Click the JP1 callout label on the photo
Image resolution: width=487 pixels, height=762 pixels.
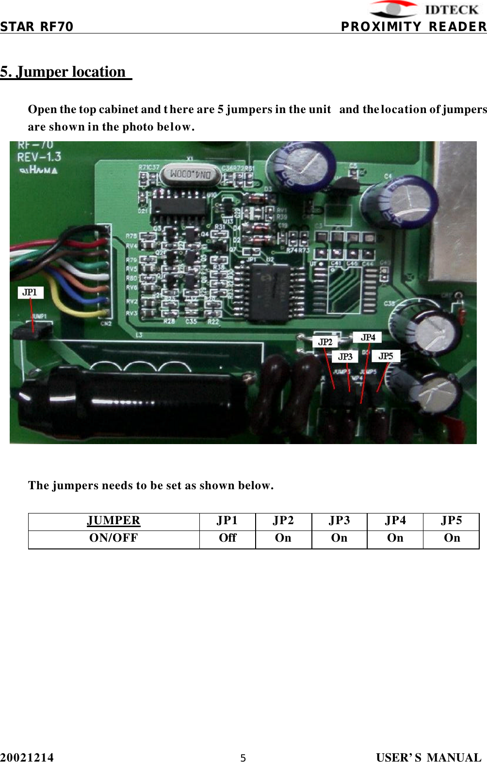tap(30, 292)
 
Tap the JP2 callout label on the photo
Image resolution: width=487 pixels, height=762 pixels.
tap(325, 342)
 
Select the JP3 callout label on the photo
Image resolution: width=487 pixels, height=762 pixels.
tap(345, 357)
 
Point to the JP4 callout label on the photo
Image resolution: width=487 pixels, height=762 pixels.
tap(368, 337)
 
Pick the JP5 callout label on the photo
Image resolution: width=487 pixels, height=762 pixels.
tap(386, 356)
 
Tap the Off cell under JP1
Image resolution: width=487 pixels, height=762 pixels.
tap(227, 538)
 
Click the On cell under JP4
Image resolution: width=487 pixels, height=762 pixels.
tap(395, 538)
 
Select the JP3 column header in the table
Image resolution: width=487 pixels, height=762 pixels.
tap(339, 521)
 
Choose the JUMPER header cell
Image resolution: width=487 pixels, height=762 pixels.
tap(114, 521)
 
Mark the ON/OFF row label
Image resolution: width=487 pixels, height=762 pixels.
tap(114, 538)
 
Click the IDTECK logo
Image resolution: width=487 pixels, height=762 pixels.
tap(425, 10)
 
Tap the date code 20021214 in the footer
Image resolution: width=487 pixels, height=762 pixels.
tap(27, 757)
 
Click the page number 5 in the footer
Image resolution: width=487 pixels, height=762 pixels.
tap(243, 758)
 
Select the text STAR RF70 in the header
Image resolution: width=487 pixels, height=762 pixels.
tap(37, 27)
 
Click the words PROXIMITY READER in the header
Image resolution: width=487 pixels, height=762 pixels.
tap(413, 27)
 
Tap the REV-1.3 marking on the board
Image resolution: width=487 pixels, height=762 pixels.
tap(39, 157)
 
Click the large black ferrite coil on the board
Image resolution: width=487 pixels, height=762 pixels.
tap(131, 401)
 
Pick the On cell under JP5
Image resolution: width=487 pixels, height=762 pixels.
tap(452, 538)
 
